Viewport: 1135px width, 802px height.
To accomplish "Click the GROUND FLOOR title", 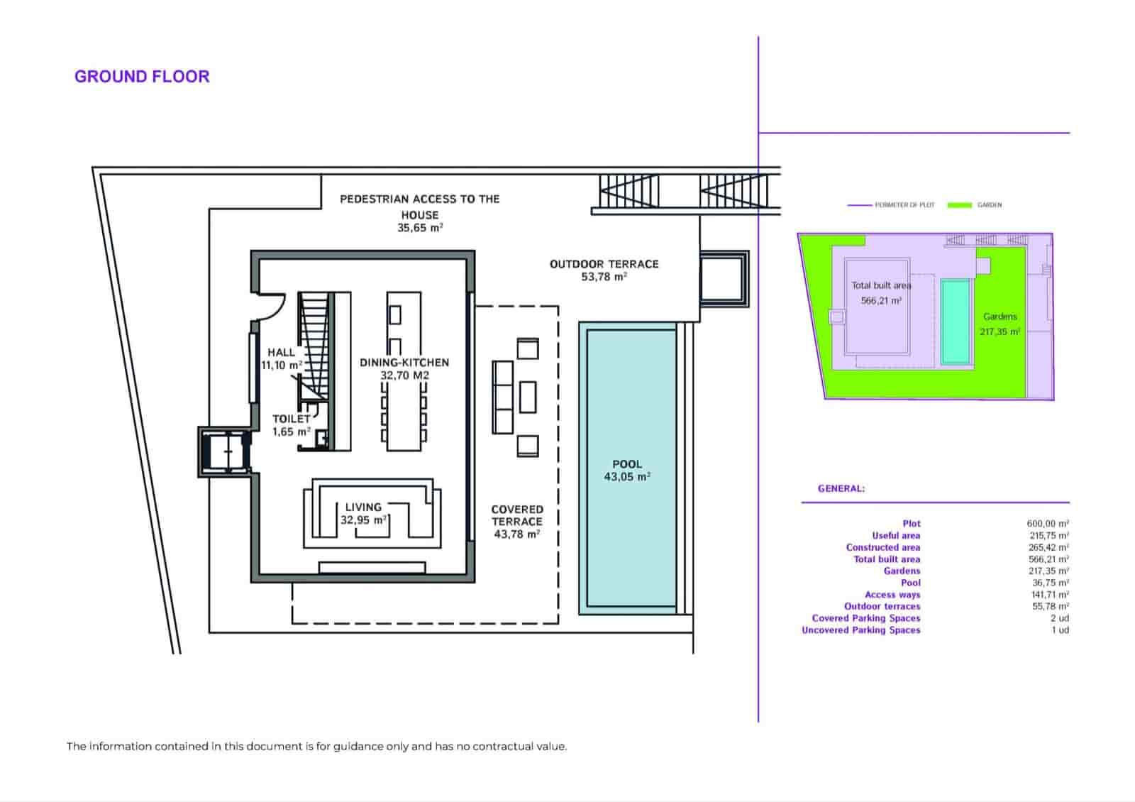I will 142,77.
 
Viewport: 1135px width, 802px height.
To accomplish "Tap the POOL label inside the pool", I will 627,464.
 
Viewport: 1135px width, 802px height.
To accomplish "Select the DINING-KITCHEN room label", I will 404,363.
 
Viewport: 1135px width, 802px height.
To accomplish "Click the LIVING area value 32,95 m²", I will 364,520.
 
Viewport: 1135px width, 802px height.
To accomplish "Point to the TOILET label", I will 291,419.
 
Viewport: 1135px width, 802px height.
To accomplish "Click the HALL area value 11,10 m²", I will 282,366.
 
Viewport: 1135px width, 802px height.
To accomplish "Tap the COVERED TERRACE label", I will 517,515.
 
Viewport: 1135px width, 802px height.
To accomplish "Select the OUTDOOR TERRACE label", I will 604,264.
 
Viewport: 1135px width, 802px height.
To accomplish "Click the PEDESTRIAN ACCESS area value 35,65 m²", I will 420,228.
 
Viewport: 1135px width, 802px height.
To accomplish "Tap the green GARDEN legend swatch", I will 959,205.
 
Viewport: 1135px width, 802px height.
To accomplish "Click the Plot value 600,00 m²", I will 1048,524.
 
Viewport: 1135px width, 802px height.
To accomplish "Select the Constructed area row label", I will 882,547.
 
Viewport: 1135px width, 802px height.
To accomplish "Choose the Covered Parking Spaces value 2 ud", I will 1060,618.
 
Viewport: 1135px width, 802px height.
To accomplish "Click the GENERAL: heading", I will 841,488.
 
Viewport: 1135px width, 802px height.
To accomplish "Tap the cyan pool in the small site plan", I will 956,321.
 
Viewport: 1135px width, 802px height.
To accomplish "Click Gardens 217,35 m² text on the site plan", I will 1000,324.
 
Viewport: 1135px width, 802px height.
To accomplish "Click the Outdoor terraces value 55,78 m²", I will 1048,606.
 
